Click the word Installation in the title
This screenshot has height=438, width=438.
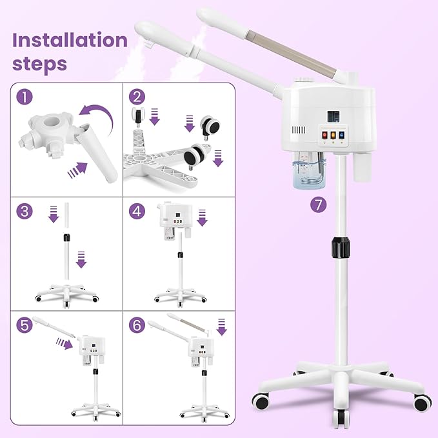[70, 40]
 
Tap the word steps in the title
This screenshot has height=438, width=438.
[39, 64]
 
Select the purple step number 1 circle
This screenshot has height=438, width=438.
[25, 97]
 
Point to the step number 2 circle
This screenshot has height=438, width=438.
[135, 97]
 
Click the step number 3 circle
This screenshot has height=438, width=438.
[25, 211]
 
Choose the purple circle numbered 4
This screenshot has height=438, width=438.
[135, 211]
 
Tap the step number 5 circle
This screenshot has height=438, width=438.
[25, 325]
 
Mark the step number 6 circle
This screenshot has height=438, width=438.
[135, 325]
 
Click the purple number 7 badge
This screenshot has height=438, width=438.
[317, 205]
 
